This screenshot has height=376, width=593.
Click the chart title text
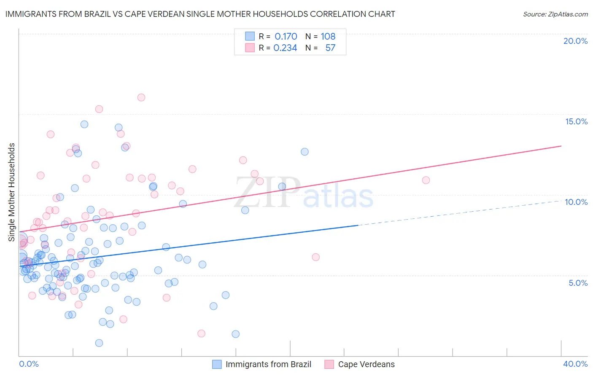point(200,14)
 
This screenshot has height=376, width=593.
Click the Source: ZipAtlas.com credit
point(555,14)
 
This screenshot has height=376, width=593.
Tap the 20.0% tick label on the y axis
point(575,41)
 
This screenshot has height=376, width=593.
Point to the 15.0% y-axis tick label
point(576,121)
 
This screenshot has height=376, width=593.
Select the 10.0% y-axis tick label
point(576,202)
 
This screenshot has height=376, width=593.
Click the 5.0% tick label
point(578,283)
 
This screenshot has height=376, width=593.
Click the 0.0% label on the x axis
point(29,364)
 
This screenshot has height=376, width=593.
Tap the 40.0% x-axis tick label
point(575,364)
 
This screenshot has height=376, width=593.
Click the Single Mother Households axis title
point(12,192)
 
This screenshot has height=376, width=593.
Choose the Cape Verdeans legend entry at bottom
point(366,364)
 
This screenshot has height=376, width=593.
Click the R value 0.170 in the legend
point(286,37)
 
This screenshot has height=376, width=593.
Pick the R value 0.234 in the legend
point(285,48)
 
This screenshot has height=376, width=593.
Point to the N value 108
point(328,37)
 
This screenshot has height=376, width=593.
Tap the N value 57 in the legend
point(330,48)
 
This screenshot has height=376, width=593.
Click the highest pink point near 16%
point(141,97)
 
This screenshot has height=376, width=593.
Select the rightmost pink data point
point(426,180)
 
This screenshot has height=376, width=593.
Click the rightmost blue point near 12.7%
point(305,152)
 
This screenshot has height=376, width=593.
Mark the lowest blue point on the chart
point(99,343)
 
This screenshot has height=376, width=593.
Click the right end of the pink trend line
point(561,146)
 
